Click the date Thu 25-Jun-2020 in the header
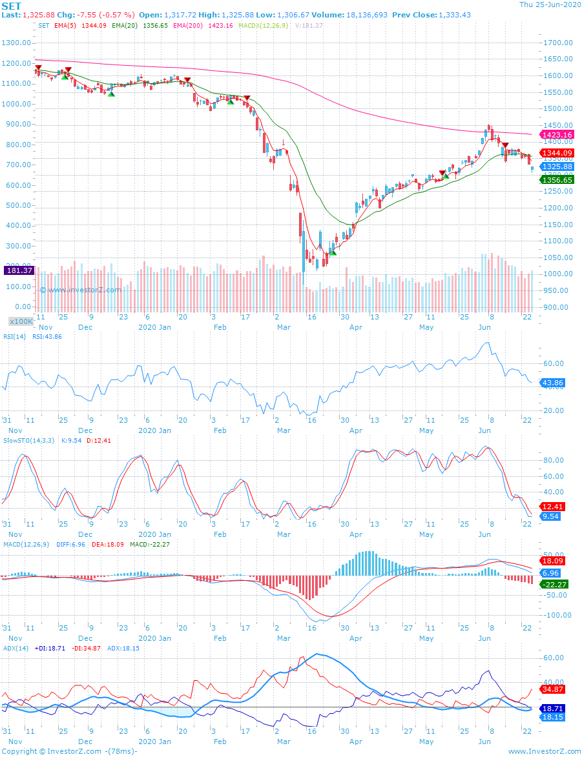click(550, 5)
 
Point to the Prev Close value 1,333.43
click(454, 14)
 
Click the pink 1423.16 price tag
click(557, 135)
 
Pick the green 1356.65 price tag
click(557, 180)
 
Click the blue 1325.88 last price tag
click(557, 167)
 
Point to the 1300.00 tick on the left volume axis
click(17, 43)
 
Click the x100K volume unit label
click(21, 321)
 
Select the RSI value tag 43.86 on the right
click(553, 383)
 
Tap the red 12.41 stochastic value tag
click(553, 507)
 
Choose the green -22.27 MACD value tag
click(555, 584)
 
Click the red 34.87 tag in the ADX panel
click(553, 689)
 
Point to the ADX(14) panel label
click(16, 647)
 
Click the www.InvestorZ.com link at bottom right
click(545, 751)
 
